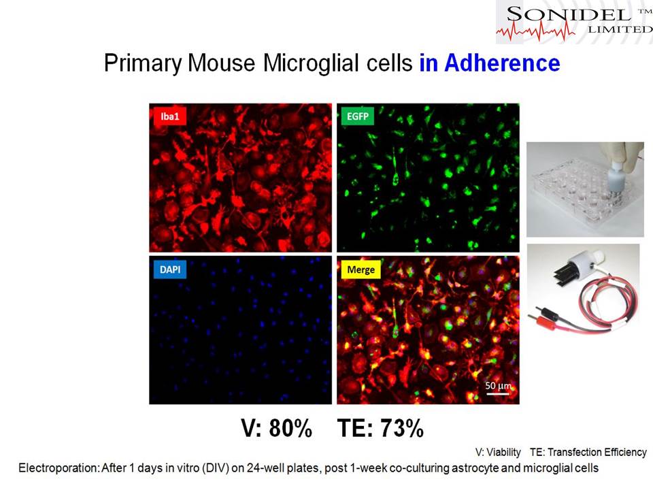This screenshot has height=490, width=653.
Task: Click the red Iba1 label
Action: (170, 116)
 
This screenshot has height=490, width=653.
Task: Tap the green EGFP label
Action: (358, 116)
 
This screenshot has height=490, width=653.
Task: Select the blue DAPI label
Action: (170, 269)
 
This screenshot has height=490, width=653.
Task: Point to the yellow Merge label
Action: (361, 269)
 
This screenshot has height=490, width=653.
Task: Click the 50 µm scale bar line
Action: (498, 393)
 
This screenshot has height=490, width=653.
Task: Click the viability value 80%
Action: (290, 428)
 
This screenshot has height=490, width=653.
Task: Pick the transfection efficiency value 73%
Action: (402, 428)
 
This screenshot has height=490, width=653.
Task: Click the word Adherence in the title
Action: (502, 63)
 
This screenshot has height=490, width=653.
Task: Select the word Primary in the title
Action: (143, 63)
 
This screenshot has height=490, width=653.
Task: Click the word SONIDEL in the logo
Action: (569, 15)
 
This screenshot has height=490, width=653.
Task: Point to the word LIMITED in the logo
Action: (620, 29)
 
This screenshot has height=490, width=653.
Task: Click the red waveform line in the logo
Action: (535, 31)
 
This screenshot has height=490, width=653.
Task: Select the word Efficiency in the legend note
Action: (626, 453)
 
